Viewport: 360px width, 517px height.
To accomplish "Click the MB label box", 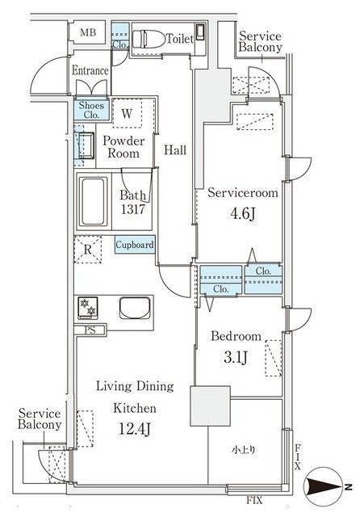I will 88,34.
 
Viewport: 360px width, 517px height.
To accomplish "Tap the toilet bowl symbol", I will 149,37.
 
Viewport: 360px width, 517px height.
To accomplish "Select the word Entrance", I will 90,70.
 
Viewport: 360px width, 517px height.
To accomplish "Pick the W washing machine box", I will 128,114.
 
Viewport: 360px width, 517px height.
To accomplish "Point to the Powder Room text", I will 123,146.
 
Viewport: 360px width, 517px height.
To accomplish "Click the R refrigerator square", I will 88,250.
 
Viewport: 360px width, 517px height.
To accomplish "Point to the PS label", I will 89,330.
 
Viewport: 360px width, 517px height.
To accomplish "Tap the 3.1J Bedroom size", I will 236,356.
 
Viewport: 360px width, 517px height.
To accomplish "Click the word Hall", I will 175,149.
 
